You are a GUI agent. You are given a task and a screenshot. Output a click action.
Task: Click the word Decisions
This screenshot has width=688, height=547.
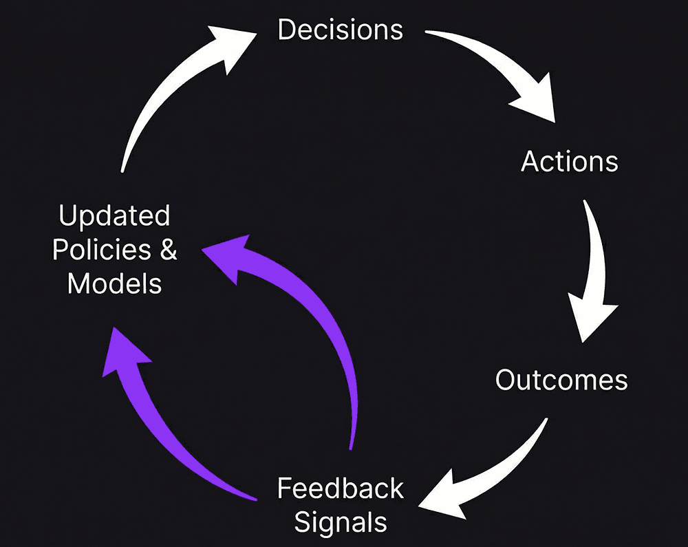point(340,30)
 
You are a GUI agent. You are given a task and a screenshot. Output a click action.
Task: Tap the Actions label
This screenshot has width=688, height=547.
point(570,162)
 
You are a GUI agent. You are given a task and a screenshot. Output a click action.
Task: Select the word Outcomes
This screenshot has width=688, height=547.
point(561,380)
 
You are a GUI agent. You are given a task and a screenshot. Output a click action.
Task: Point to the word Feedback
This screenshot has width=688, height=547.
point(340,489)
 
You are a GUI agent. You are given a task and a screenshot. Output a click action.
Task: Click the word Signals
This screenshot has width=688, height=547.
point(341,522)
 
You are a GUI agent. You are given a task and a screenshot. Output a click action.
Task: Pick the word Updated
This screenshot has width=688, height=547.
point(114,216)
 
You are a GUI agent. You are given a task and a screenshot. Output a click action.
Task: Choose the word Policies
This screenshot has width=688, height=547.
point(102,250)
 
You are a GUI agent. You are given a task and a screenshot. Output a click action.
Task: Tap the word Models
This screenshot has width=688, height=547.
point(114,283)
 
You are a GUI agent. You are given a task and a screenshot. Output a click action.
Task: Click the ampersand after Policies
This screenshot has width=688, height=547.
point(169,250)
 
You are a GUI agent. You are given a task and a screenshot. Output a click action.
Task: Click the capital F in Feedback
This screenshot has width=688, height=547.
point(285,489)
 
